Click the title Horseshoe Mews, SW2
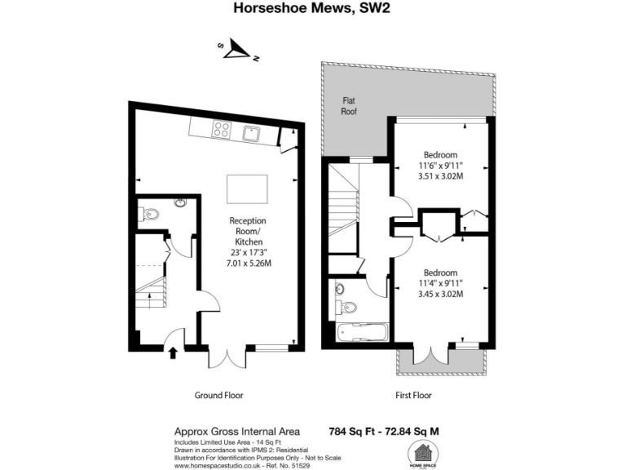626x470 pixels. (312, 10)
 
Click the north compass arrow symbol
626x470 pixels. (239, 51)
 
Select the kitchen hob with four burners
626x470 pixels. (223, 129)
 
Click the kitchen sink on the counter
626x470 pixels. (249, 133)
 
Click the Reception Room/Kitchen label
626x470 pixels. (248, 232)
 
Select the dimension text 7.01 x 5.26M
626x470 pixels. (248, 264)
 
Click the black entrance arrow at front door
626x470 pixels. (173, 352)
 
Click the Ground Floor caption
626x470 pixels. (218, 395)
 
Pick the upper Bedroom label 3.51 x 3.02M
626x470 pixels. (440, 175)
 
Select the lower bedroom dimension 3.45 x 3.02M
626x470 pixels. (440, 294)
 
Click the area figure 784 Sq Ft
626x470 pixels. (353, 431)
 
